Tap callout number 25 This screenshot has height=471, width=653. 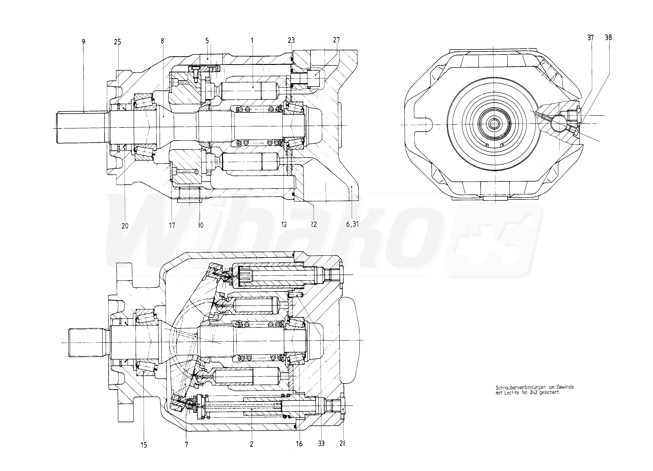point(118,42)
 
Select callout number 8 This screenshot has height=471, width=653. point(162,41)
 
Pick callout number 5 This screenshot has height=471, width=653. point(207,41)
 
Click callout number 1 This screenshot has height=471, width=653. point(252,41)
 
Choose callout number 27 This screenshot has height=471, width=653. point(336,40)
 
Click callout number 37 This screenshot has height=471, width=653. point(591,38)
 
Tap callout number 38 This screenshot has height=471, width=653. point(608,37)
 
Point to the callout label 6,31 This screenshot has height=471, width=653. point(352,224)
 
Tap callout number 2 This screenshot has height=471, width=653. point(251,444)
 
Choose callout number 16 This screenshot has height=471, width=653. point(299,444)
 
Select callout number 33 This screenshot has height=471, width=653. point(321,444)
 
